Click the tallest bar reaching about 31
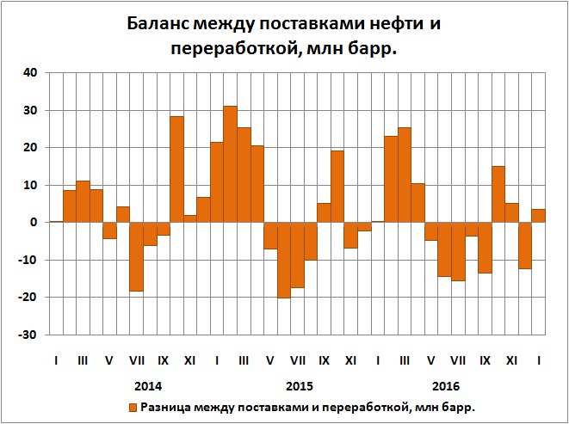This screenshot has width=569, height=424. click(x=230, y=163)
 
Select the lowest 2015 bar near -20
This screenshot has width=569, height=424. click(x=283, y=260)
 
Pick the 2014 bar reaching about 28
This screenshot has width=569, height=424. click(x=176, y=169)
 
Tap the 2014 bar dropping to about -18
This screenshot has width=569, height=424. click(x=136, y=256)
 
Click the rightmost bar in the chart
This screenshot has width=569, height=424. click(x=538, y=216)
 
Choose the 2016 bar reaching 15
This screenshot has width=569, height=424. click(x=498, y=194)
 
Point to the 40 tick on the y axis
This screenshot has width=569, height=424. click(x=29, y=73)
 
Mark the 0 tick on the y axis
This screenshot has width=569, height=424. click(x=33, y=222)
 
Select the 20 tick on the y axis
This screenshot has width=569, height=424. click(x=29, y=148)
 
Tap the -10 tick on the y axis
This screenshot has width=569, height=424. click(x=28, y=260)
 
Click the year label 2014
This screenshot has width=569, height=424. click(x=149, y=385)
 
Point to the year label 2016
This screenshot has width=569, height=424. click(x=445, y=385)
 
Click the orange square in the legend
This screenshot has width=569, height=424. click(x=133, y=407)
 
